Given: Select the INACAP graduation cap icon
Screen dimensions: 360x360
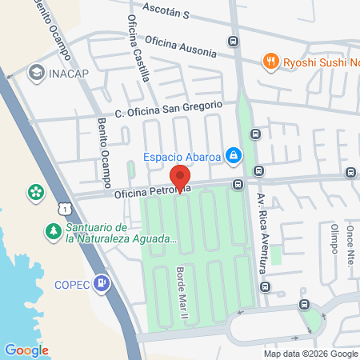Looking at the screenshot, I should pyautogui.click(x=36, y=73).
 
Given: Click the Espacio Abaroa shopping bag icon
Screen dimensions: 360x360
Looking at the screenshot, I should pyautogui.click(x=233, y=155).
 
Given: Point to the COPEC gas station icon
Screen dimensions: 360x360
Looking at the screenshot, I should pyautogui.click(x=102, y=282).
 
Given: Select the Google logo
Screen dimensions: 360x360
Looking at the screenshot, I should pyautogui.click(x=26, y=350).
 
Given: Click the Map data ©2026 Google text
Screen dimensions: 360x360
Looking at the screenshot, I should pyautogui.click(x=311, y=354).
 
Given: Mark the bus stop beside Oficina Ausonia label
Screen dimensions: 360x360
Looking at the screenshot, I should pyautogui.click(x=233, y=42).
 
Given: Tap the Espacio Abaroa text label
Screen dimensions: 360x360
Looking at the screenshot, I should pyautogui.click(x=182, y=156).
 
